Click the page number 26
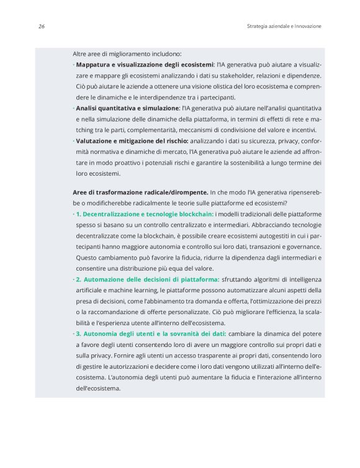[x=40, y=26]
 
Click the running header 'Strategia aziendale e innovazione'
[x=284, y=26]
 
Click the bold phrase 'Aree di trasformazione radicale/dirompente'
[x=140, y=192]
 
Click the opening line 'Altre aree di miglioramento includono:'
[x=127, y=53]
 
